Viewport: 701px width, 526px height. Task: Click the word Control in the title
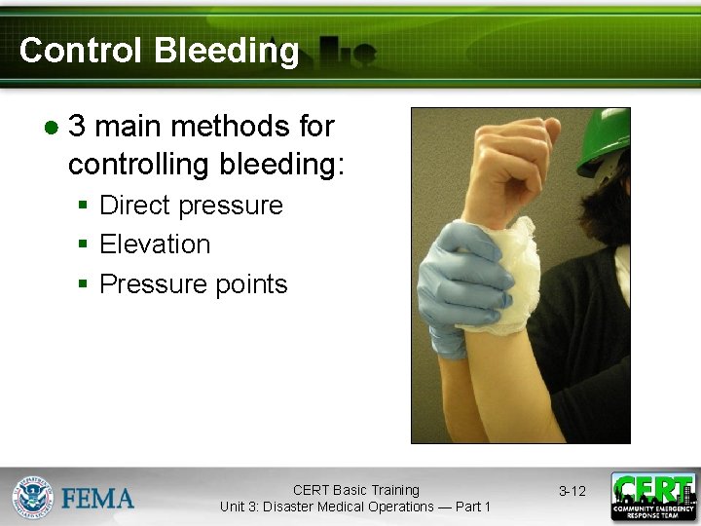coord(77,51)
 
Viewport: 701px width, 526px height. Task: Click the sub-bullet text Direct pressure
coord(191,206)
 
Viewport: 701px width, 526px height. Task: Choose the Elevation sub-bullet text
coord(155,244)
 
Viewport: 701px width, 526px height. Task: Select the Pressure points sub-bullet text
coord(194,284)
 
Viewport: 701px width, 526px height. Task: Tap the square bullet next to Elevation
coord(84,245)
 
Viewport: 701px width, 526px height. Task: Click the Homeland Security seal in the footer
coord(32,497)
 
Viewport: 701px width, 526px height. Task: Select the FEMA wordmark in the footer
coord(98,499)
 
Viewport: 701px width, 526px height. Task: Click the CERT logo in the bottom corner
coord(652,497)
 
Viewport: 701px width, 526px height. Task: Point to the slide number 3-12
coord(572,491)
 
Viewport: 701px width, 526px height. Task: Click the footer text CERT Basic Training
coord(355,490)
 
